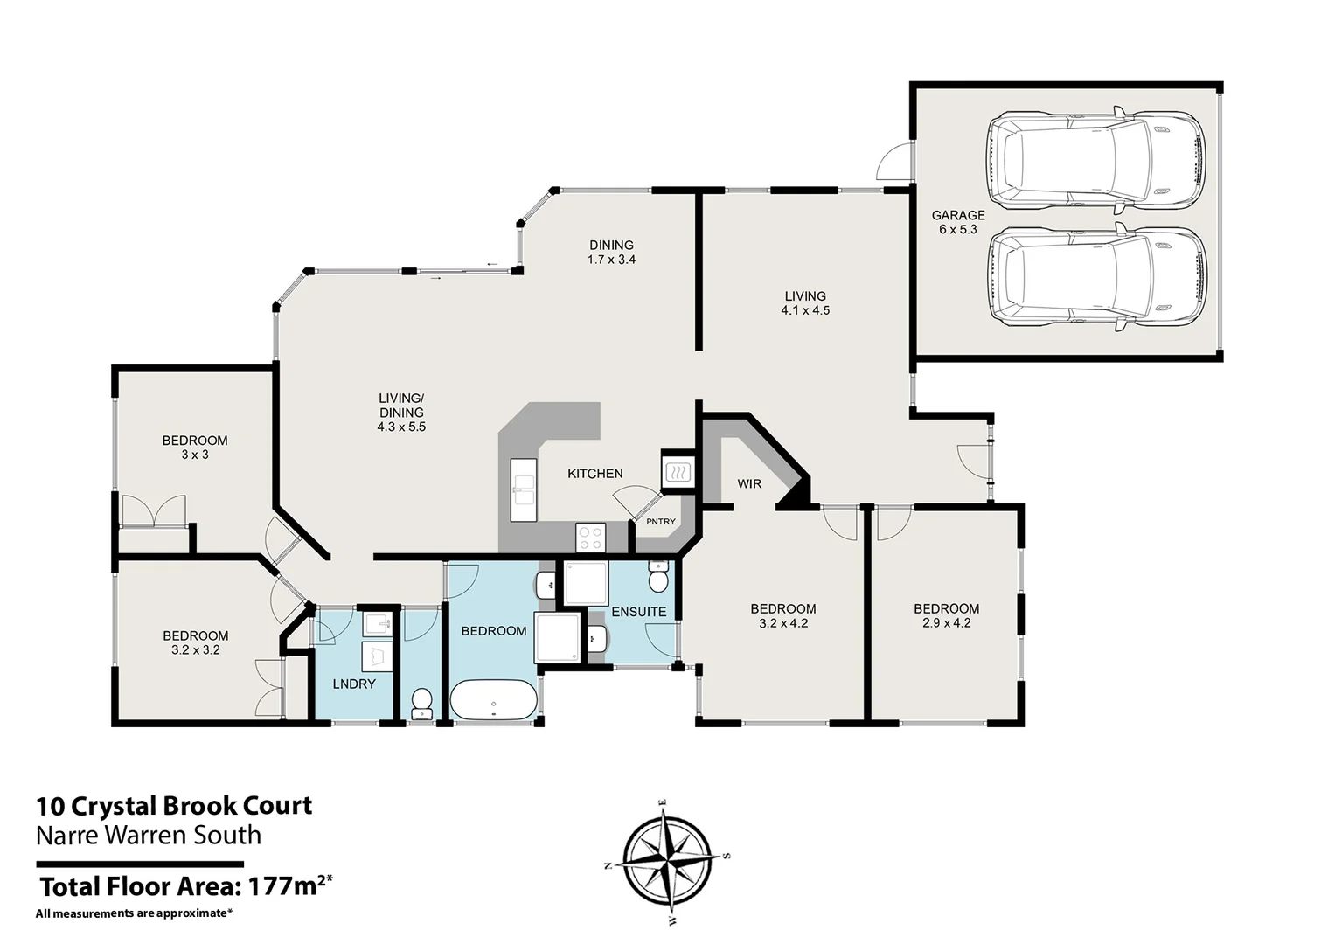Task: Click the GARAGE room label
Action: (957, 215)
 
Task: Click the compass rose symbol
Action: (666, 857)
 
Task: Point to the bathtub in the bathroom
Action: (493, 701)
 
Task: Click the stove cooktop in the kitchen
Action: (590, 537)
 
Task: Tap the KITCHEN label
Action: (594, 474)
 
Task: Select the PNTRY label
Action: (661, 522)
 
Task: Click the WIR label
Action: (749, 484)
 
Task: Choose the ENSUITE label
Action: (638, 612)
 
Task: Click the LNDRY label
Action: (354, 684)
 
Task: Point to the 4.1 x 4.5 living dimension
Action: (805, 310)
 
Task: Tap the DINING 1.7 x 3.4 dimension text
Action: (611, 260)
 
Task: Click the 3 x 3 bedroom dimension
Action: (195, 455)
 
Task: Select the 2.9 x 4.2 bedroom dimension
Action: (946, 623)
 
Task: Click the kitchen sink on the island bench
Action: (524, 490)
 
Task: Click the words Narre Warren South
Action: (149, 836)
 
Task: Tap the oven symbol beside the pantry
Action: (678, 473)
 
